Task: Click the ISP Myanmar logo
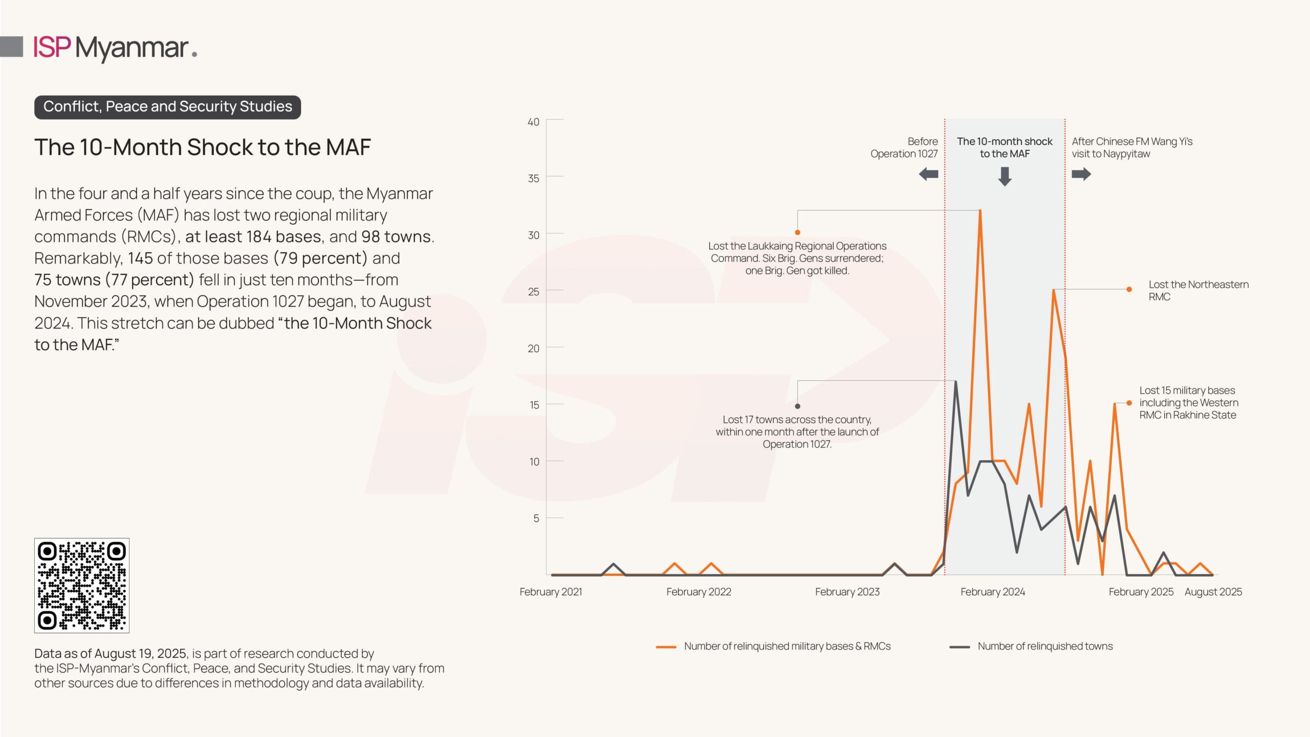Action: tap(115, 48)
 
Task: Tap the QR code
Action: tap(82, 585)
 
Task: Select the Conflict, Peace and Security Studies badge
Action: tap(167, 107)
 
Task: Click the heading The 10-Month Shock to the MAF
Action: tap(202, 147)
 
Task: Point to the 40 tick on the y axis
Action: tap(533, 122)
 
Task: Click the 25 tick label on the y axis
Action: tap(533, 292)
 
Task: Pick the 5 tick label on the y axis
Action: tap(536, 518)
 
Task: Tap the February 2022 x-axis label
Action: tap(698, 592)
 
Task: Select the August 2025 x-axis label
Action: tap(1213, 592)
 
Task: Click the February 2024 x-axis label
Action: tap(992, 592)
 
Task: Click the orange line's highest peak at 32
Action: tap(980, 210)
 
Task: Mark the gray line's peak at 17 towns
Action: tap(955, 382)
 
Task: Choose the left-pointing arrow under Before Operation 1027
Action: tap(928, 175)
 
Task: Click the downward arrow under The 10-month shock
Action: tap(1005, 177)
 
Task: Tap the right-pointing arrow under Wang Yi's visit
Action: tap(1081, 175)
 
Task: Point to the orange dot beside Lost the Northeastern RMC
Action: tap(1129, 290)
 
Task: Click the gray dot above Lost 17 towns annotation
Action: tap(797, 406)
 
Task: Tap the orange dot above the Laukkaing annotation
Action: tap(797, 233)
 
